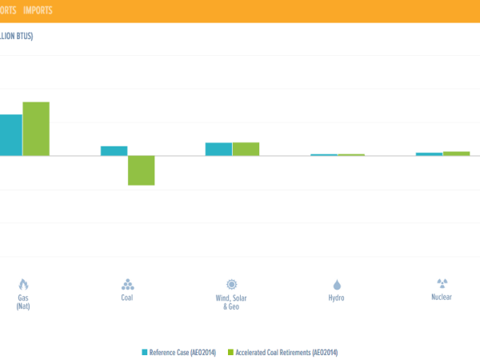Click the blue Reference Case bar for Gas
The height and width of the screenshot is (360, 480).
click(x=10, y=135)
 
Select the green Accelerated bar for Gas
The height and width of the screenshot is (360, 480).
click(x=36, y=129)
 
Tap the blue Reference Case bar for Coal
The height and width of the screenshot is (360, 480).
click(x=114, y=150)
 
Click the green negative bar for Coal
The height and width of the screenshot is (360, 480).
click(x=141, y=170)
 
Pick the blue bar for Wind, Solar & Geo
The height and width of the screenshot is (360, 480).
click(x=218, y=149)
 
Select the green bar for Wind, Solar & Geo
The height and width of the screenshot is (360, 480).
click(x=246, y=149)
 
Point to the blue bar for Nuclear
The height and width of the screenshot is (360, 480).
click(x=429, y=154)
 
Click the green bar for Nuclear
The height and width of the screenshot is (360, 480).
click(x=456, y=153)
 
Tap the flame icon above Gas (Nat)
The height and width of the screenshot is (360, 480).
click(x=23, y=284)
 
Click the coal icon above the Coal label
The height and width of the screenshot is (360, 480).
click(x=127, y=284)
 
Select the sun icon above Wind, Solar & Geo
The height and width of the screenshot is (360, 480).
click(x=232, y=284)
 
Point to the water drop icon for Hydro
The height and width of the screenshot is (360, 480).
click(x=337, y=284)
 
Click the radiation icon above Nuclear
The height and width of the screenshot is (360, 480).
click(x=442, y=283)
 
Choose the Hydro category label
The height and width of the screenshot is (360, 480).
click(x=337, y=298)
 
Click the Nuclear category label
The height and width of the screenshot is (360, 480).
click(x=442, y=297)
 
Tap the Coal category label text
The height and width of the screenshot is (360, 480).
click(x=127, y=298)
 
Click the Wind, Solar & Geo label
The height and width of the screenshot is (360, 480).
click(x=232, y=302)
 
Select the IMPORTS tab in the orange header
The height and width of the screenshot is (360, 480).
click(x=38, y=10)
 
